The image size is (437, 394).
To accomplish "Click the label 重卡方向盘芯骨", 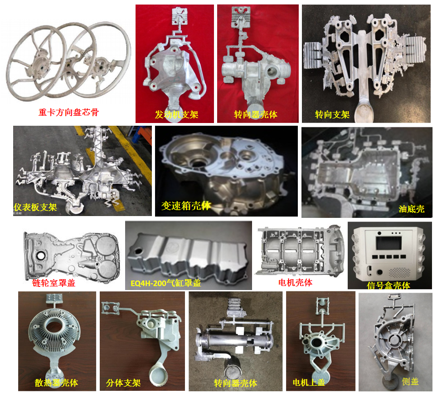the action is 68,112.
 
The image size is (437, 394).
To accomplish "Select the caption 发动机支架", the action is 176,114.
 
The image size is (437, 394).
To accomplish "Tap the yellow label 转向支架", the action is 332,114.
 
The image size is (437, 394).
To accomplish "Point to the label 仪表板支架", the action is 35,207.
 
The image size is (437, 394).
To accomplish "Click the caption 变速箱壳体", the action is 186,206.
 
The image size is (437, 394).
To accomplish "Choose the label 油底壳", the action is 411,209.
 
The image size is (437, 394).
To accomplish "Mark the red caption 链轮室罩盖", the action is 53,283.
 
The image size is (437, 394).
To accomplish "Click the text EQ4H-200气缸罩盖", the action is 166,283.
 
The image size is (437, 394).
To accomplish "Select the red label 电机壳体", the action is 295,282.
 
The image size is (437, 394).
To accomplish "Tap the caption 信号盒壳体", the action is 388,286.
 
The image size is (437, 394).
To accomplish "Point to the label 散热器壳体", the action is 56,383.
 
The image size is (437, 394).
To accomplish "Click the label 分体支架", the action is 123,383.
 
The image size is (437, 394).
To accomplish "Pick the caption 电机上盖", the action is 309,382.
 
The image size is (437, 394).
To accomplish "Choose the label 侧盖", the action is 410,381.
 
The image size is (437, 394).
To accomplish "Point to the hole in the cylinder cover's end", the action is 138,251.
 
